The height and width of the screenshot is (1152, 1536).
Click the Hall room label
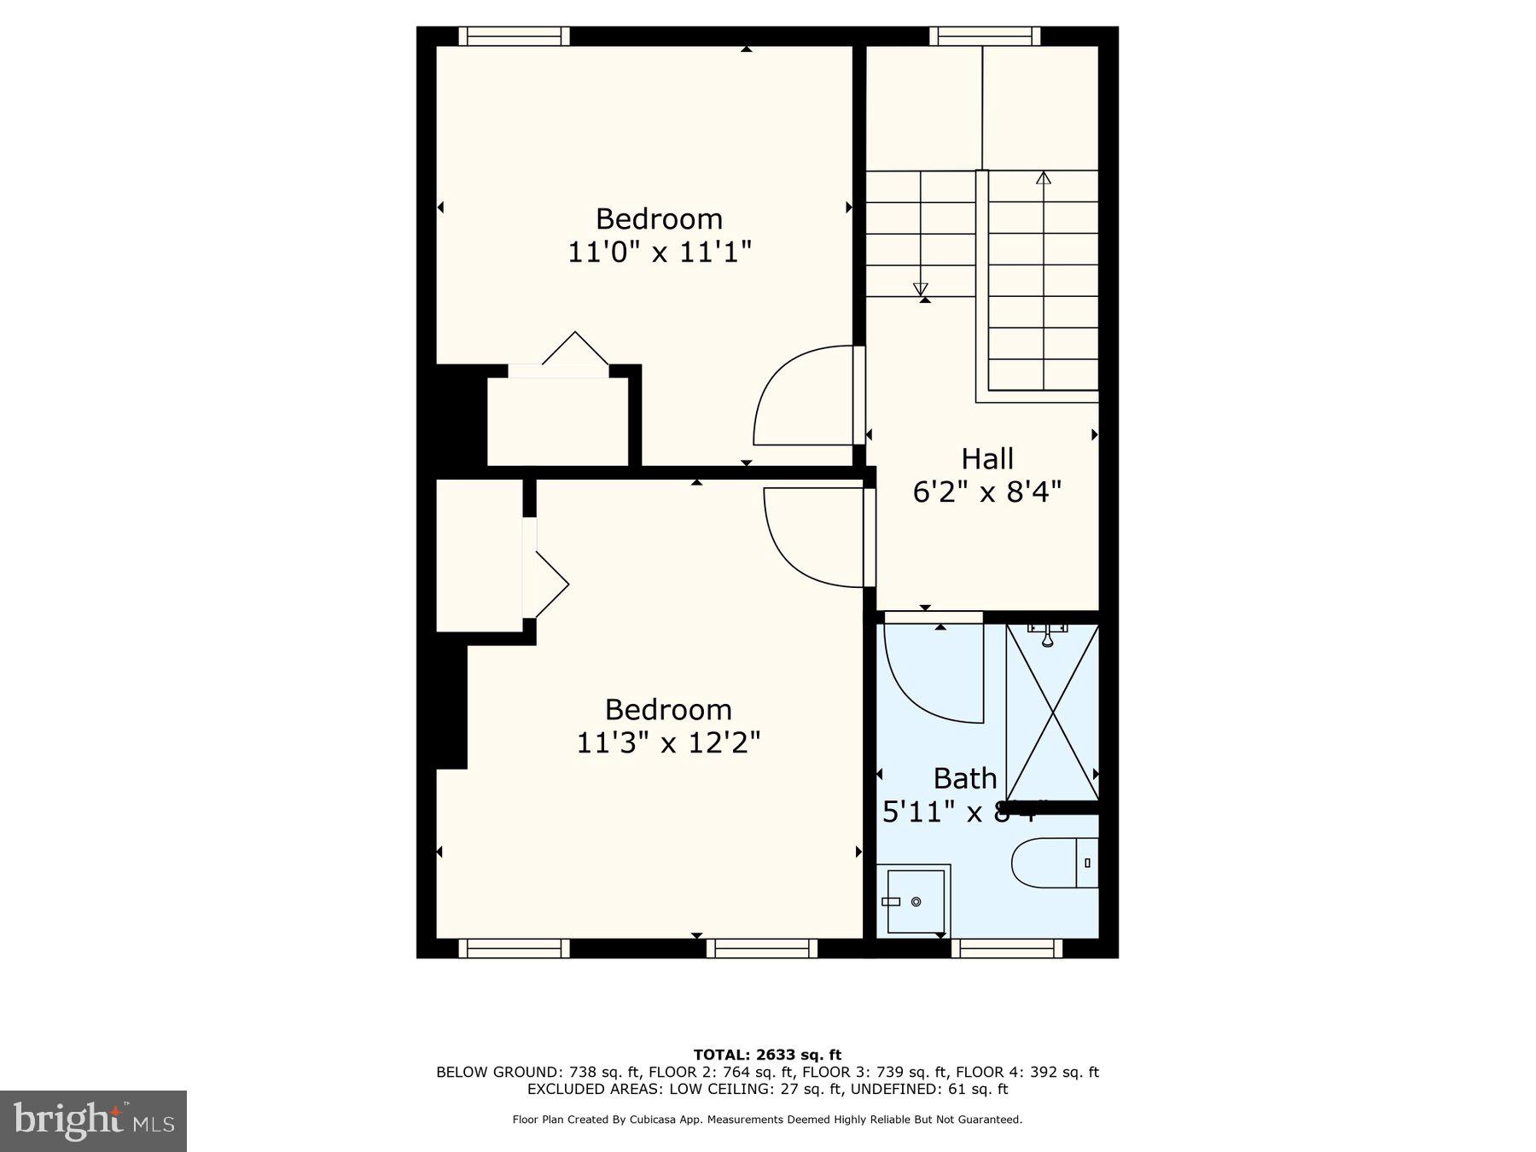tap(987, 459)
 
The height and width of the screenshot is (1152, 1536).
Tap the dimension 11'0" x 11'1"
tap(659, 253)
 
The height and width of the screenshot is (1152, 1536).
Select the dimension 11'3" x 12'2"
tap(668, 742)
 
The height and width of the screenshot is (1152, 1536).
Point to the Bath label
tap(964, 778)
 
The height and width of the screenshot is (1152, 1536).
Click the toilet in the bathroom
tap(1054, 863)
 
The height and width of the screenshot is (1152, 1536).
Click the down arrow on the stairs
tap(920, 288)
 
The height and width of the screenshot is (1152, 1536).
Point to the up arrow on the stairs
tap(1043, 178)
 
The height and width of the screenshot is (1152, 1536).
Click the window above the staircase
tap(984, 36)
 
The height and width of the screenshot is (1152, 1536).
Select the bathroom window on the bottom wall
tap(1007, 948)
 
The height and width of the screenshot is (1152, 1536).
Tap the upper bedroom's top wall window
tap(514, 36)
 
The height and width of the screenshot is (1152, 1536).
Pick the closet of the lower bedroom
tap(479, 555)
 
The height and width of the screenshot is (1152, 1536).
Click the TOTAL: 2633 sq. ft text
tap(767, 1055)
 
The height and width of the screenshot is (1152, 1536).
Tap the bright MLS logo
tap(93, 1120)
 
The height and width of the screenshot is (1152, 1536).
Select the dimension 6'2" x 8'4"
tap(987, 492)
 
